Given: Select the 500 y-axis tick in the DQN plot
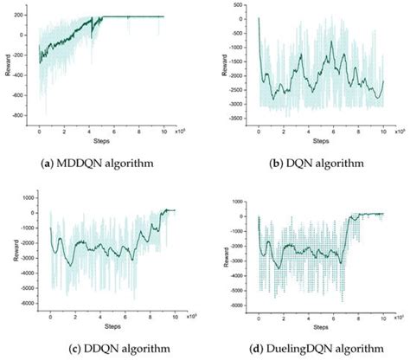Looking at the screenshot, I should point(241,7).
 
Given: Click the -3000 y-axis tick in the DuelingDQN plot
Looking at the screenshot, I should point(239,260).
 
